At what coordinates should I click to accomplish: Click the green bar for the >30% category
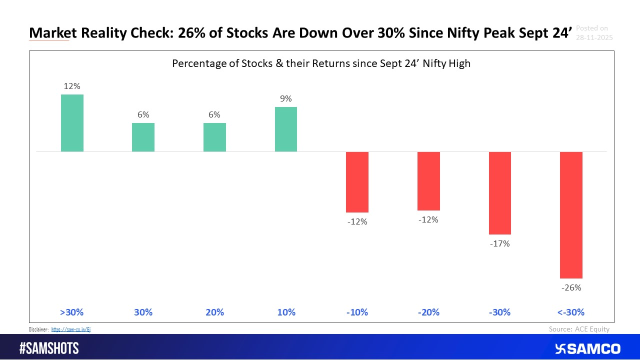pyautogui.click(x=72, y=123)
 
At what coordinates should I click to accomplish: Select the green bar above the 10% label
pyautogui.click(x=285, y=129)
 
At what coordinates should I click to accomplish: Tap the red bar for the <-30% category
pyautogui.click(x=571, y=214)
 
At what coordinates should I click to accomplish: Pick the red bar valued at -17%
pyautogui.click(x=499, y=193)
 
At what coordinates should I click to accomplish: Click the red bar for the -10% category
pyautogui.click(x=357, y=182)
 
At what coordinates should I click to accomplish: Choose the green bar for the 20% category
pyautogui.click(x=214, y=137)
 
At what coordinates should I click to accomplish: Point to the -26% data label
pyautogui.click(x=571, y=287)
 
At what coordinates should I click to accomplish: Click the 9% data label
pyautogui.click(x=285, y=99)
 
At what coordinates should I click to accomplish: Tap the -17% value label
pyautogui.click(x=499, y=244)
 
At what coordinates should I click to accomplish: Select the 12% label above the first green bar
pyautogui.click(x=72, y=86)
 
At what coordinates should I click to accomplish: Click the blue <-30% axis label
pyautogui.click(x=571, y=312)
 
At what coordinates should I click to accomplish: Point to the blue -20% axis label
pyautogui.click(x=428, y=312)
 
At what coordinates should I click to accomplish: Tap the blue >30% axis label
pyautogui.click(x=72, y=312)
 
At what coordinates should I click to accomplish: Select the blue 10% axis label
pyautogui.click(x=285, y=312)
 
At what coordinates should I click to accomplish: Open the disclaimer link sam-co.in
pyautogui.click(x=70, y=329)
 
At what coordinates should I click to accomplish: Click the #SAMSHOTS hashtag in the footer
pyautogui.click(x=48, y=348)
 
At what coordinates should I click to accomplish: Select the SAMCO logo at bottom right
pyautogui.click(x=587, y=348)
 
